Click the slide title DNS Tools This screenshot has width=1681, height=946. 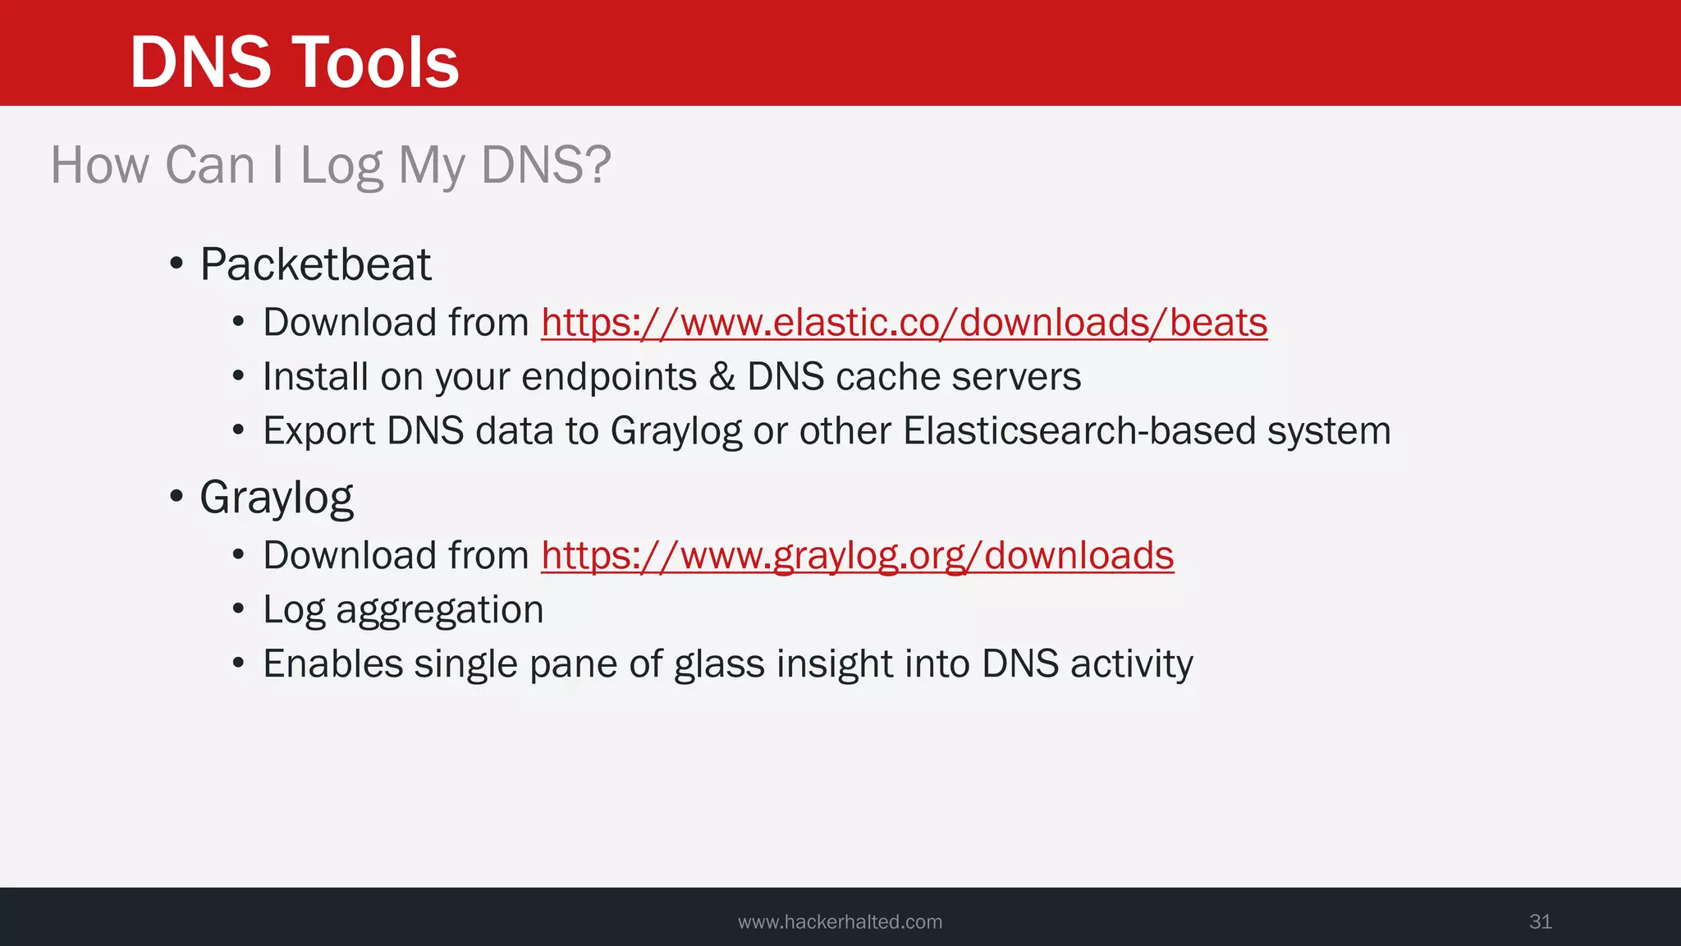294,62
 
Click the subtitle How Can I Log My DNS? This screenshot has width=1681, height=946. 331,165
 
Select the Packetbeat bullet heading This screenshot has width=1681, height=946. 315,264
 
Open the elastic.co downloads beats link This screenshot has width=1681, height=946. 904,323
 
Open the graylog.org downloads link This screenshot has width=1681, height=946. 857,556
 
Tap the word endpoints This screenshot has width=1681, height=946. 608,377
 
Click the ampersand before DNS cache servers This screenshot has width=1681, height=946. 721,377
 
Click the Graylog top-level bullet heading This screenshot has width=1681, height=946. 277,498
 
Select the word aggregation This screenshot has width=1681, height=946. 439,610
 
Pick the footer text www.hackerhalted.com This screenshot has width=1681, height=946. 840,922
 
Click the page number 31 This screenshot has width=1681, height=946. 1541,921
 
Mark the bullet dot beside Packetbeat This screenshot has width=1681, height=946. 176,264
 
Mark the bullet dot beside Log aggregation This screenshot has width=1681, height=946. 238,610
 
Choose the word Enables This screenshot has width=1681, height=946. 332,664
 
